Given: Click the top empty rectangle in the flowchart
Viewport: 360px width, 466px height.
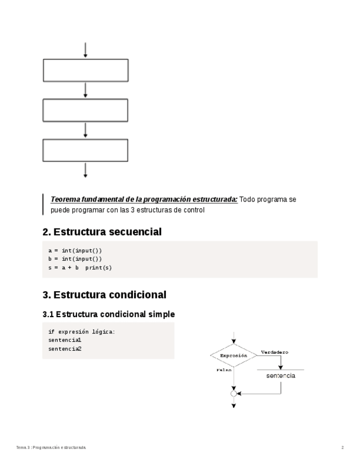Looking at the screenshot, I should point(85,70).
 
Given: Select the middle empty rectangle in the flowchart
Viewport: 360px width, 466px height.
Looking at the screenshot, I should point(85,110).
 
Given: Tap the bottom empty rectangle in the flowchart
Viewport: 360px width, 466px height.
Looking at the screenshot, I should point(85,150).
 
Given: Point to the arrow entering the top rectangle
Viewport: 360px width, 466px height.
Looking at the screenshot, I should point(85,49).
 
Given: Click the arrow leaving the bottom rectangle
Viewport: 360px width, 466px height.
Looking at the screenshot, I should point(85,170).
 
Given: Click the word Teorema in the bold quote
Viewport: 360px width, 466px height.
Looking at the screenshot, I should point(64,199).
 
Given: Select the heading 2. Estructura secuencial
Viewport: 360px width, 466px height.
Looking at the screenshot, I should point(102,232).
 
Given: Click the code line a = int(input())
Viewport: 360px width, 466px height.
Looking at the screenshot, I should point(75,251).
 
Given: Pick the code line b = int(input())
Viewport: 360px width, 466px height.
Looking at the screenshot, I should point(75,259).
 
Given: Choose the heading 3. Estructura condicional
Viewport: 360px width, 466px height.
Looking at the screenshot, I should point(104,295).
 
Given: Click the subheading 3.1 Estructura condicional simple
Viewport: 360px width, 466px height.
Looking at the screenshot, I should point(108,314).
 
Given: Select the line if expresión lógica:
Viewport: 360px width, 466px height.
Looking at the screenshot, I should point(82,332).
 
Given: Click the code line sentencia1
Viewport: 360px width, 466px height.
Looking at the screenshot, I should point(65,340).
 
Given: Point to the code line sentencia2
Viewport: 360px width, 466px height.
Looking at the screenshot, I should point(65,348).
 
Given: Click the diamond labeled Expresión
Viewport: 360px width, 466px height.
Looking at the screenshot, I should point(234,356).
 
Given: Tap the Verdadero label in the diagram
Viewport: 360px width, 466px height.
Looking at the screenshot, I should point(274,352).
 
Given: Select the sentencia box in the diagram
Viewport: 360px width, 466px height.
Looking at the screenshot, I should point(280,376).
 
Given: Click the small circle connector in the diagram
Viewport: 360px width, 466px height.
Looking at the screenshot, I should point(234,393).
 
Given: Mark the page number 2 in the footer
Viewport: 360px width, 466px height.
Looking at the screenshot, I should point(342,448).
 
